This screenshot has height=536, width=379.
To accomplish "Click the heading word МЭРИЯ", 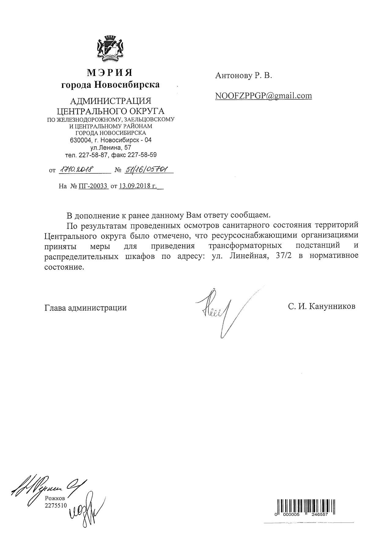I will [x=110, y=73].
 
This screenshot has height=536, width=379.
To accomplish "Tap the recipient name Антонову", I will [x=233, y=75].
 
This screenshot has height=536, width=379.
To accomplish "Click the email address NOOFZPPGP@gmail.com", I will [x=263, y=96].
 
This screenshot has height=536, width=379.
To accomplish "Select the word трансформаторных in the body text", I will [x=245, y=245].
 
